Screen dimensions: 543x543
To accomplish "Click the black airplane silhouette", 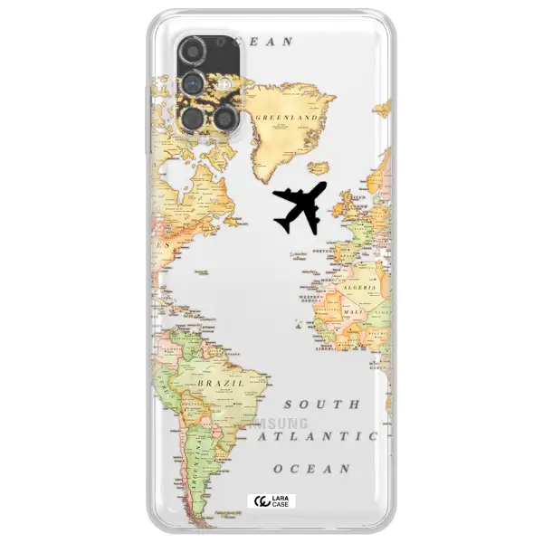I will [299, 206].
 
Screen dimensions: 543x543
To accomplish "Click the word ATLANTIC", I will [317, 436].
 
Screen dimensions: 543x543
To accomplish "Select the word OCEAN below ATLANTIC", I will [311, 469].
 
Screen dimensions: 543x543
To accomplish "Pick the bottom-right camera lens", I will [225, 118].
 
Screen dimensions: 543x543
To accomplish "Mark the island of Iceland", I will [319, 168].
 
